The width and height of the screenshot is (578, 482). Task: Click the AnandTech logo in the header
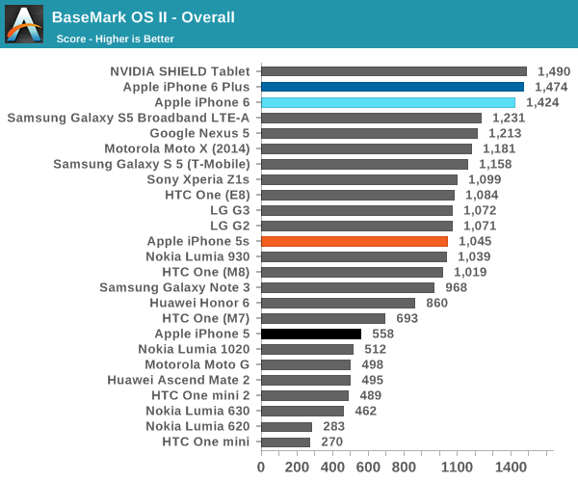[x=23, y=23]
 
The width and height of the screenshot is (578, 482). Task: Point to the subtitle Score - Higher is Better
[x=116, y=39]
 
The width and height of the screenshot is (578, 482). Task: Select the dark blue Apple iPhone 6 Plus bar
[x=392, y=87]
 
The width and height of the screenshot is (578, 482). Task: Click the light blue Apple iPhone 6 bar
[x=388, y=102]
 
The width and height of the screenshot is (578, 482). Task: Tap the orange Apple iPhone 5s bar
[x=355, y=241]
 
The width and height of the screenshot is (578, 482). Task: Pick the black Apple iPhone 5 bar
[x=311, y=334]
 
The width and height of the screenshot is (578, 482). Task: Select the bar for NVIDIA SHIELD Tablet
[x=394, y=71]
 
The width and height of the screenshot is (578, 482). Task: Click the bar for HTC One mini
[x=285, y=442]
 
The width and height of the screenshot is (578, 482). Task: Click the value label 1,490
[x=554, y=71]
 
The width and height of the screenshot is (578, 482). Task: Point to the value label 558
[x=383, y=334]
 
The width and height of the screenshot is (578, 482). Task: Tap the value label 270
[x=332, y=442]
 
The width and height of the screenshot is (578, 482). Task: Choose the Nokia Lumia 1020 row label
[x=194, y=349]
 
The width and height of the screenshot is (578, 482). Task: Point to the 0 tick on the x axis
[x=261, y=467]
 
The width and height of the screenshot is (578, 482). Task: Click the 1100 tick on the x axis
[x=458, y=467]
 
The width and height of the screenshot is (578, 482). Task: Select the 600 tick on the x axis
[x=368, y=467]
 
